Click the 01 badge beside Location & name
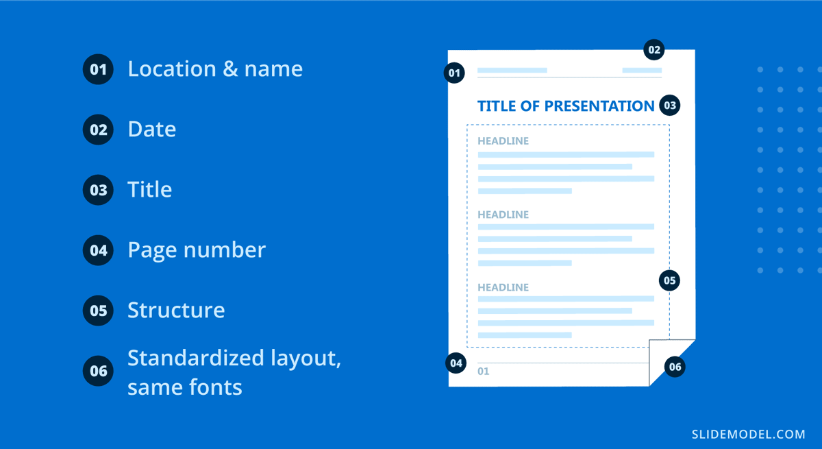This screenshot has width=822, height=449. [x=98, y=69]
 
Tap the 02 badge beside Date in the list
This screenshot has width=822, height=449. [x=98, y=130]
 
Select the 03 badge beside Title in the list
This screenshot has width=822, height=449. [x=98, y=190]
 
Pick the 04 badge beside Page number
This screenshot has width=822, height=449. [x=98, y=250]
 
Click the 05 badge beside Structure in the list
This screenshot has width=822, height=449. [x=98, y=311]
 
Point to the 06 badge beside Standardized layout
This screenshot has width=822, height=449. [x=98, y=371]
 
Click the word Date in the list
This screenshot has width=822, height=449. [x=151, y=130]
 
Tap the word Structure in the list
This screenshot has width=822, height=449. [x=176, y=311]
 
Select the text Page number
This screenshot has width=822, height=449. [x=196, y=250]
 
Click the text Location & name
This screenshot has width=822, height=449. [x=215, y=69]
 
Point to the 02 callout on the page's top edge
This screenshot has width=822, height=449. [x=654, y=49]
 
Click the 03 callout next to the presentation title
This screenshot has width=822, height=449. [x=669, y=106]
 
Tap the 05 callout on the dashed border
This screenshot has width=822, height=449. [x=669, y=280]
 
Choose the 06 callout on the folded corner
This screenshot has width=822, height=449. [x=675, y=367]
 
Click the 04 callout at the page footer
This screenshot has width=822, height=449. [x=456, y=363]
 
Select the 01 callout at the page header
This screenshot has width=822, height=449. [x=454, y=73]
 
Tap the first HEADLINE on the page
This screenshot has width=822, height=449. [x=503, y=141]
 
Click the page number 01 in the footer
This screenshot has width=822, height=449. [x=484, y=372]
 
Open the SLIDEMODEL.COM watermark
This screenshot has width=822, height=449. [x=748, y=434]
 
